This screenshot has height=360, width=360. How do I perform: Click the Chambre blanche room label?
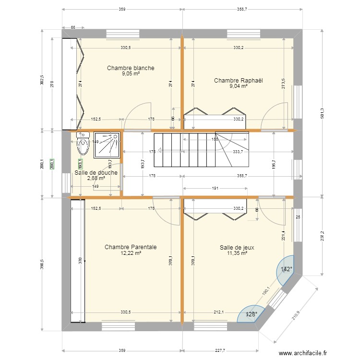(x=131, y=68)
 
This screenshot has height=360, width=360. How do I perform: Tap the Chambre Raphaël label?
(x=239, y=81)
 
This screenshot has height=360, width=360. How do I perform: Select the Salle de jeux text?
(x=237, y=248)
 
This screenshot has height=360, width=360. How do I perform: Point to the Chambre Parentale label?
(x=131, y=247)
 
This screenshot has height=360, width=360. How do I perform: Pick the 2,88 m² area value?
(x=96, y=178)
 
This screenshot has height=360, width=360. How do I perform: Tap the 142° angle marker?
(x=287, y=269)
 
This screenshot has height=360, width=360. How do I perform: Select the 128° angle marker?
(x=252, y=314)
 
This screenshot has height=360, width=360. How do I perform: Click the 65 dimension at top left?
(x=73, y=28)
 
